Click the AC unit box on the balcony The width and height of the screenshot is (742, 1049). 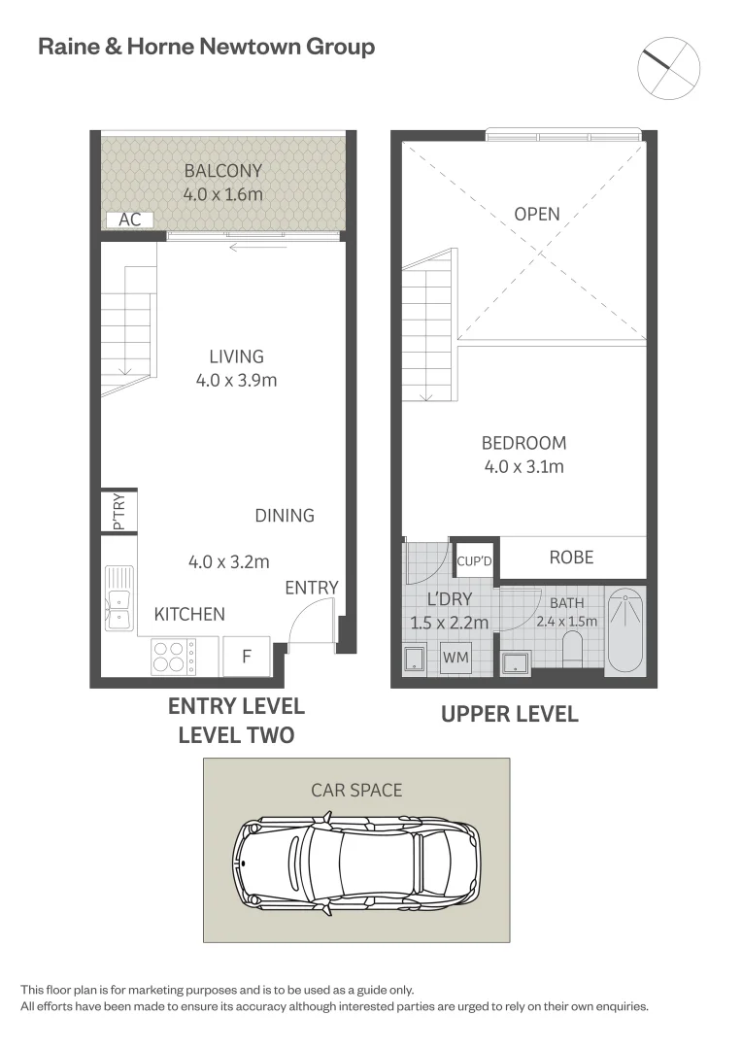pos(130,220)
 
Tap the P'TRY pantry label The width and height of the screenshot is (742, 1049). pos(119,512)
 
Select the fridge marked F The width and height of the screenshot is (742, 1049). pos(247,657)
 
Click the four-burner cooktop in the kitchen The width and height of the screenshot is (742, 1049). pos(173,657)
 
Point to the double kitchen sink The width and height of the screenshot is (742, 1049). pos(119,597)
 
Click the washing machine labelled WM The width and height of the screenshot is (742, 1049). pos(455,657)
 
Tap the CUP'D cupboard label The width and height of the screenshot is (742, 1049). pos(474,561)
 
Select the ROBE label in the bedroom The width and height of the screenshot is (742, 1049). pos(571,558)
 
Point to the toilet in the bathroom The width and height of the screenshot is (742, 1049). pos(573,650)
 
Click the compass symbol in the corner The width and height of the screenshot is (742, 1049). pos(668,68)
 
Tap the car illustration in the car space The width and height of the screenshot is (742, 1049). pos(356,863)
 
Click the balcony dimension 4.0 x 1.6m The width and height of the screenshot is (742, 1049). pos(222,194)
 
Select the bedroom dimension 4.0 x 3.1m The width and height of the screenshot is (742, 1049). pos(523,466)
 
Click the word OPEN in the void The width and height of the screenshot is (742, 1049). pos(537,214)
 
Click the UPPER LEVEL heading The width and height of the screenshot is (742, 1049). pos(510,715)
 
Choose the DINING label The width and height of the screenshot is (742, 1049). pos(285,515)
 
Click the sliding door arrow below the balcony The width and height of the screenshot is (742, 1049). pos(257,248)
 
